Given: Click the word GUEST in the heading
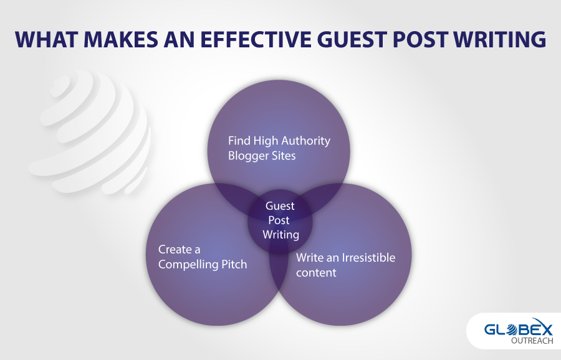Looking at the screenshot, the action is point(352,40).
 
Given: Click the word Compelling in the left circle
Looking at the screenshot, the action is point(188,265).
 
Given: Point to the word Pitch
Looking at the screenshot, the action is point(234,264).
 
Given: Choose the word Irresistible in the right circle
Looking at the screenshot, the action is point(368,257).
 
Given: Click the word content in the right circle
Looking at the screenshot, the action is point(316,273).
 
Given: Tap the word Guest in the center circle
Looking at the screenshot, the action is point(280,206).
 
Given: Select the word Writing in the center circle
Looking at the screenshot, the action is point(281,235).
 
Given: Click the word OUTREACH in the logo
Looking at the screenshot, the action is point(532,341).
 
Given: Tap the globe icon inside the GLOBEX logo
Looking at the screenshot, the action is point(512,329).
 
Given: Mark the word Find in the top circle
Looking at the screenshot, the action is point(239,141).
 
